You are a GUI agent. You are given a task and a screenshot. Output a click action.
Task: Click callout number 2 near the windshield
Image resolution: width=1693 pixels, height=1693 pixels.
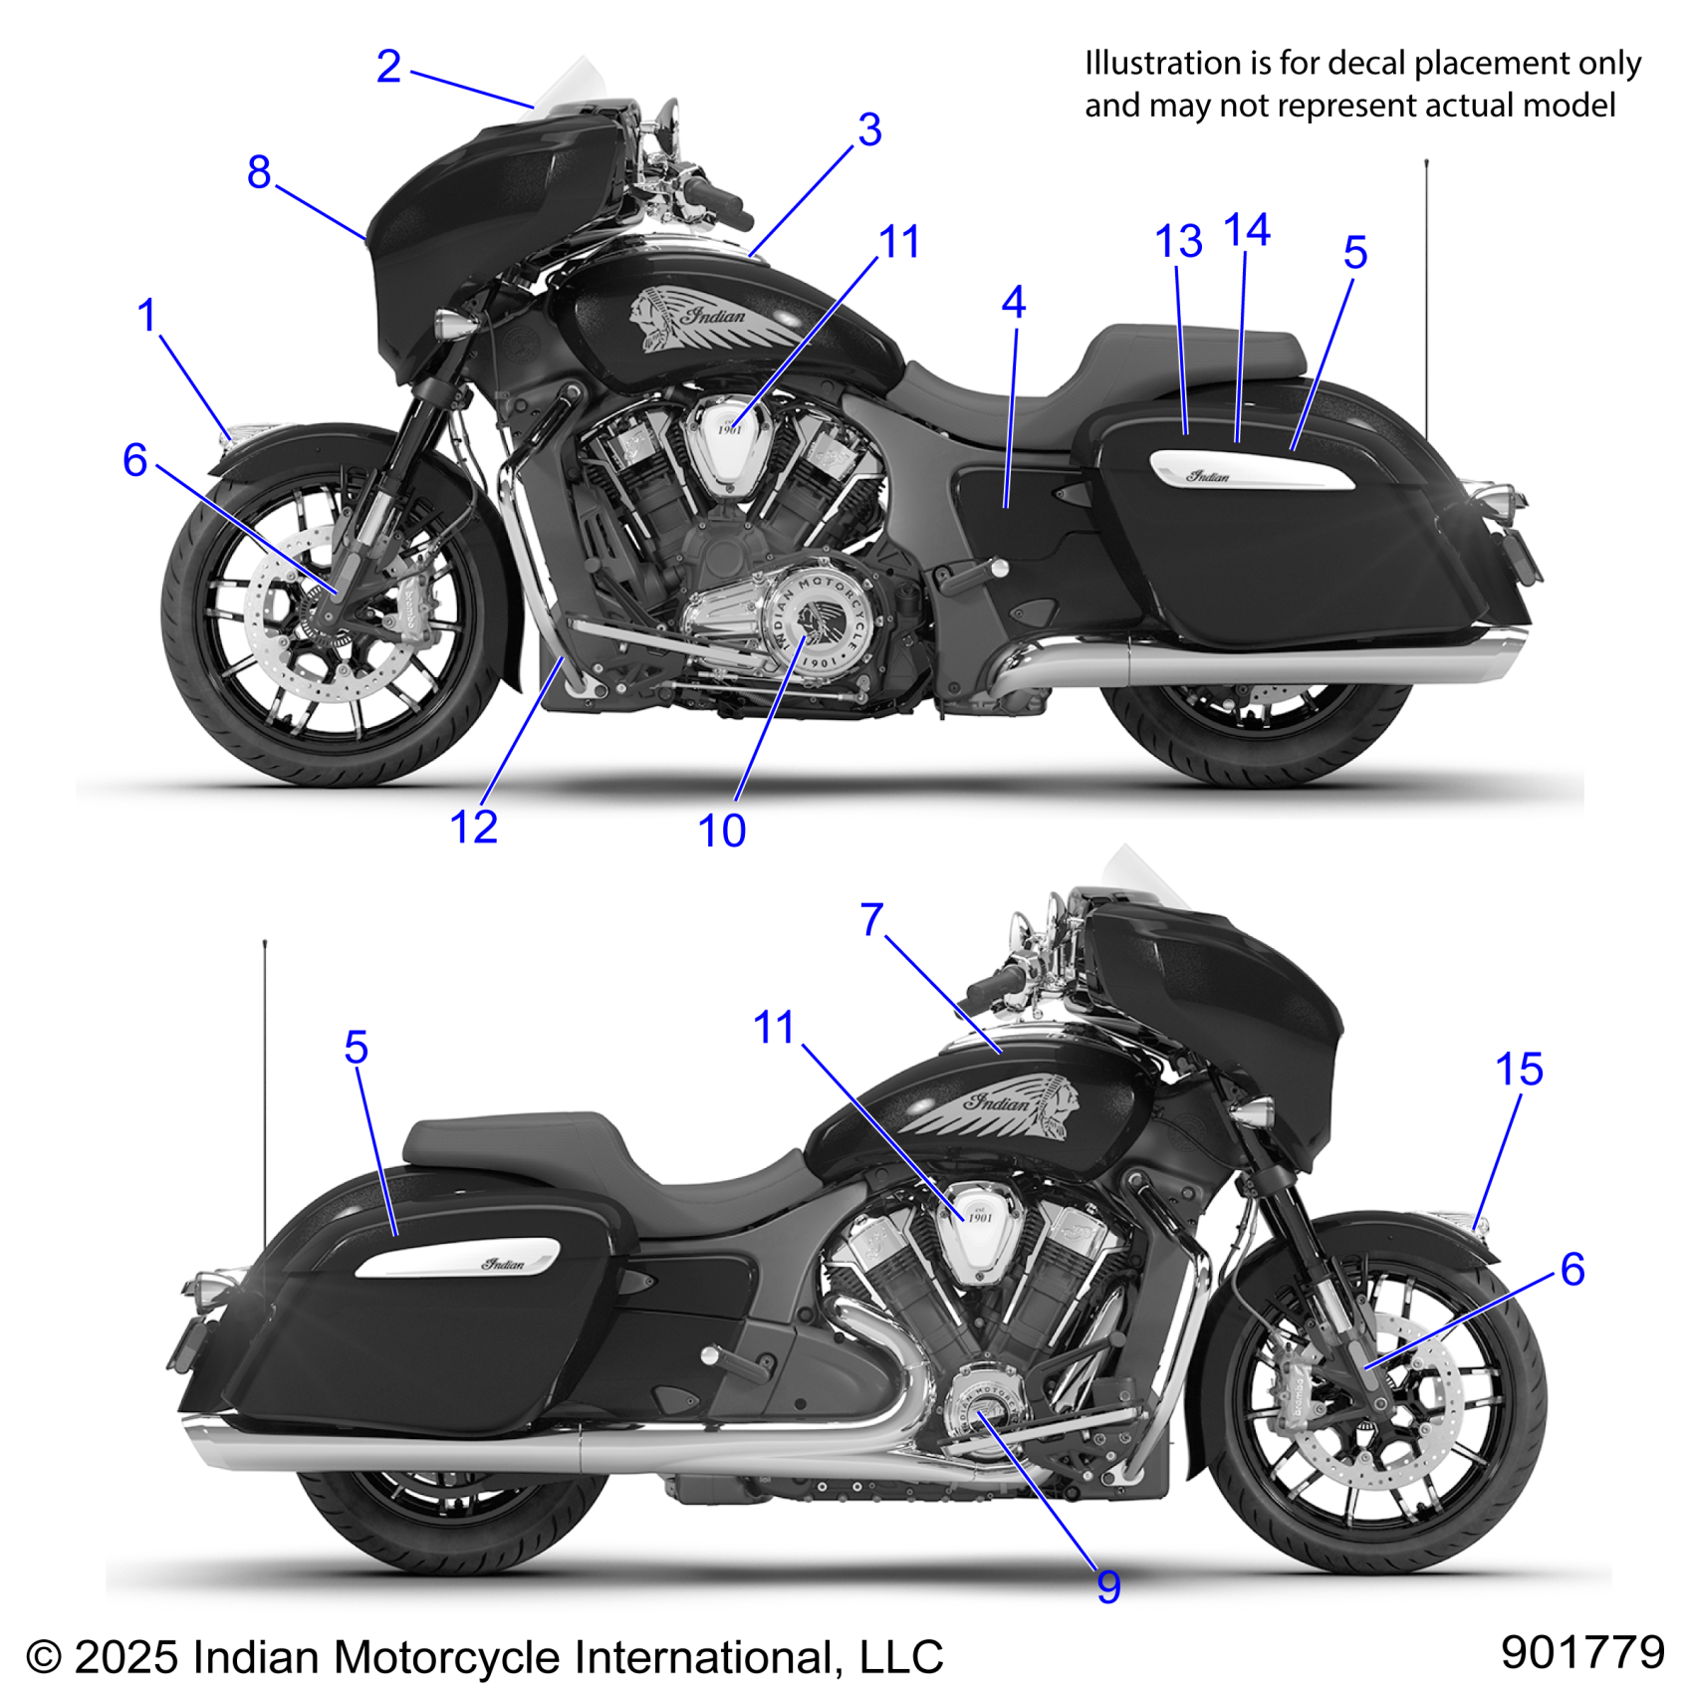[x=388, y=68]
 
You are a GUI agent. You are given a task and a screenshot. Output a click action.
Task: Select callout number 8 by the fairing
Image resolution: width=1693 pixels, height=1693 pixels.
[x=259, y=172]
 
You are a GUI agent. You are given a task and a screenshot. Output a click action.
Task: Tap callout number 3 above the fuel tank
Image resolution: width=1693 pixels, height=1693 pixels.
[x=869, y=130]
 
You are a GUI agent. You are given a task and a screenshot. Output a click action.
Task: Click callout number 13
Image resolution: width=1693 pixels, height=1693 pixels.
[x=1178, y=242]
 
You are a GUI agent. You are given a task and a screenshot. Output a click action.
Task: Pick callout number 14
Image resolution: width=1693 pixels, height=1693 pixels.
[x=1247, y=231]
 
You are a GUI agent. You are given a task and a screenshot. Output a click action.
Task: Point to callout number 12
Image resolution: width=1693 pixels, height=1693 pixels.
[x=473, y=828]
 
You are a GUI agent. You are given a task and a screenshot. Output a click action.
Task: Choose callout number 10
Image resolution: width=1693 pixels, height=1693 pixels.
[x=721, y=832]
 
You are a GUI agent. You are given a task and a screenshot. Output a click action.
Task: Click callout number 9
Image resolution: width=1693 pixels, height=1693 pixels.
[x=1108, y=1587]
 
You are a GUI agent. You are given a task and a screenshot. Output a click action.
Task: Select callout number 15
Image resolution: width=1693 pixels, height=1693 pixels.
[x=1519, y=1071]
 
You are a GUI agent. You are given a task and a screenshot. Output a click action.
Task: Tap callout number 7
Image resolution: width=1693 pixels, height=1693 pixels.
[x=872, y=920]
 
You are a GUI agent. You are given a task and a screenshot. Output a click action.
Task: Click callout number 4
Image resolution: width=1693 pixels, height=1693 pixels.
[x=1014, y=303]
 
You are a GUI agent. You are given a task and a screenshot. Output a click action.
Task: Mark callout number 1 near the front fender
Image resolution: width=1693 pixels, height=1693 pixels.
[x=147, y=316]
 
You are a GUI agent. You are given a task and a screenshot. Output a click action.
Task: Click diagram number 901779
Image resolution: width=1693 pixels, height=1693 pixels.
[x=1582, y=1653]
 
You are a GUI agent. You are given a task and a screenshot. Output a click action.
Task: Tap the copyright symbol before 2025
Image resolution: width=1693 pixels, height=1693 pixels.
[x=44, y=1658]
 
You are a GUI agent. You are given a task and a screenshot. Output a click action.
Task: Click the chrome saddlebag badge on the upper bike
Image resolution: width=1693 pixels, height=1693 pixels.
[x=1252, y=471]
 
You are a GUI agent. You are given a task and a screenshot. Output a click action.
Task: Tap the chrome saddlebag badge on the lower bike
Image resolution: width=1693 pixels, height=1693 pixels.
[x=458, y=1259]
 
